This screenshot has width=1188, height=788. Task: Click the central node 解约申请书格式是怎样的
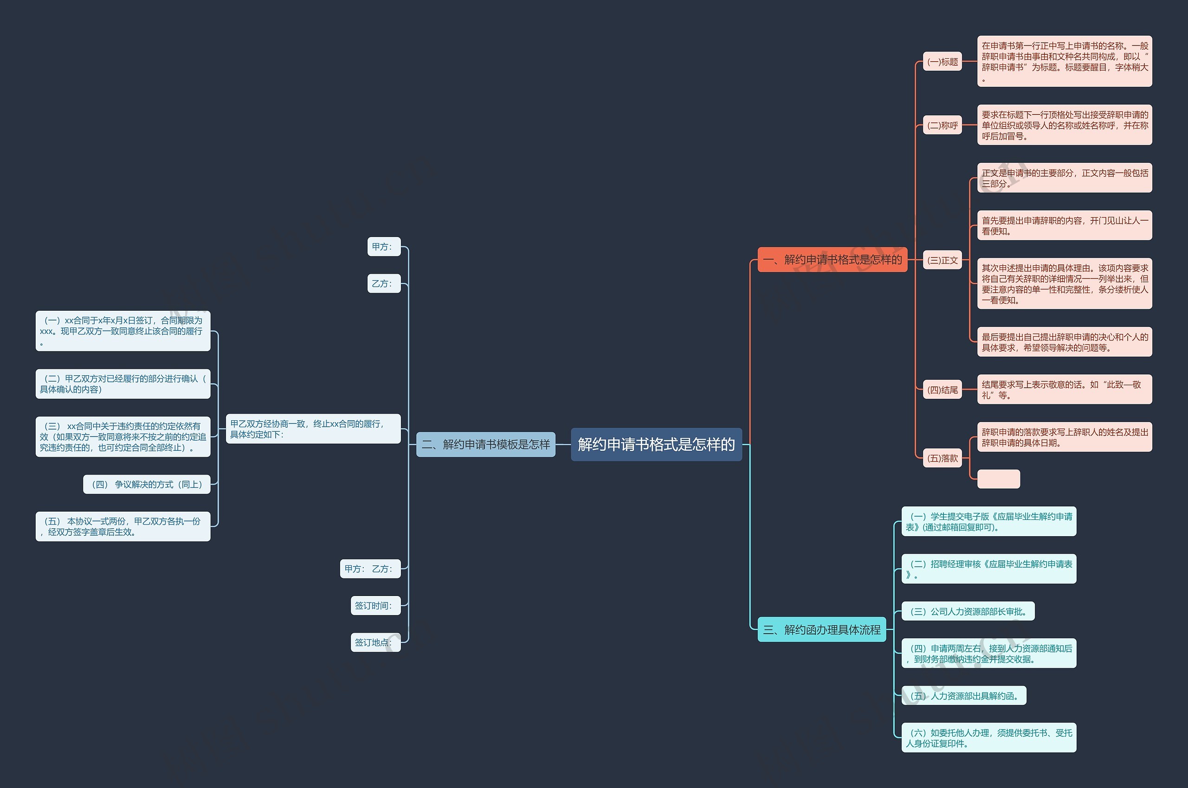(656, 444)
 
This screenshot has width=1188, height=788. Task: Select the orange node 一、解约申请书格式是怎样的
(832, 259)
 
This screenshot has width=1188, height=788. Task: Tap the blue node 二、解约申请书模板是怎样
(486, 444)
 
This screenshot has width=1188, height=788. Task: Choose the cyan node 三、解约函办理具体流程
(821, 629)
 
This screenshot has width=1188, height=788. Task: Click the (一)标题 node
(942, 61)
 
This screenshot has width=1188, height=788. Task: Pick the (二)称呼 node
(942, 125)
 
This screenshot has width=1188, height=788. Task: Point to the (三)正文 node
(942, 260)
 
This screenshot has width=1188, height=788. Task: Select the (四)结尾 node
(942, 390)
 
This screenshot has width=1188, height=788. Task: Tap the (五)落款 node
(942, 458)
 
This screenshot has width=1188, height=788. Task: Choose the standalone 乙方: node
(384, 283)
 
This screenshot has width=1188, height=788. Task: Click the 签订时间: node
(375, 606)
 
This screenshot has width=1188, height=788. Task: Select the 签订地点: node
(375, 642)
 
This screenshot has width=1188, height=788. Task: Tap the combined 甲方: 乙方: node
(370, 568)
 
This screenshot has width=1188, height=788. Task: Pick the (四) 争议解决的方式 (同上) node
(146, 484)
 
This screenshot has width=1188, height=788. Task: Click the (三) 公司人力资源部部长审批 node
(968, 611)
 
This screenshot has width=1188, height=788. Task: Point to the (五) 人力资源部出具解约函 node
(964, 696)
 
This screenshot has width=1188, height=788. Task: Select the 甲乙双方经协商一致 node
(313, 429)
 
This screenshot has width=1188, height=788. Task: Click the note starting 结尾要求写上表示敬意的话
(1064, 390)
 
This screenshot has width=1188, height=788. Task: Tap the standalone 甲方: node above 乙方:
(384, 246)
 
